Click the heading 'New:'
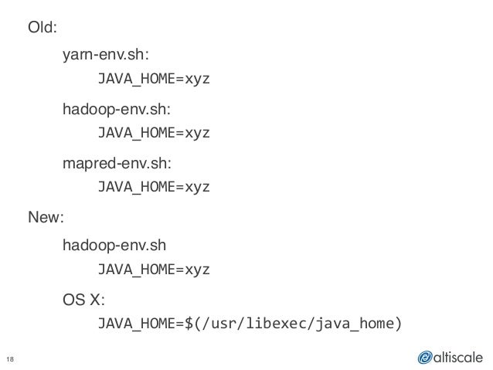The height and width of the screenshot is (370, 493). click(46, 219)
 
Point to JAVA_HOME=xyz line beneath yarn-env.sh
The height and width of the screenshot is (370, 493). click(152, 80)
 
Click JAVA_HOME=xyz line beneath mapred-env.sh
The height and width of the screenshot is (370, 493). click(152, 188)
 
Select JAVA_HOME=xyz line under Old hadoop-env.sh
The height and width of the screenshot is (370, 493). click(152, 134)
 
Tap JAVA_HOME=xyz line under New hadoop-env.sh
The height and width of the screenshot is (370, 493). click(152, 270)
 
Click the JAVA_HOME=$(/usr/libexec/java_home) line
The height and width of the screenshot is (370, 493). click(249, 324)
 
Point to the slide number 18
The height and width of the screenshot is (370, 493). click(12, 357)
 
